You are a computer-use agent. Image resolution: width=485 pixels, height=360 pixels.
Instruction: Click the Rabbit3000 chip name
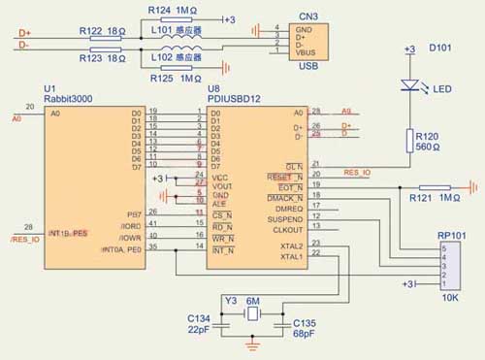click(x=71, y=98)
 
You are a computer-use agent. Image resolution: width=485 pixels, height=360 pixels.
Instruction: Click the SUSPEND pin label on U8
click(x=284, y=219)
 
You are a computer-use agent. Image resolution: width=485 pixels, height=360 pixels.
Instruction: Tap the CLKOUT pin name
click(x=286, y=231)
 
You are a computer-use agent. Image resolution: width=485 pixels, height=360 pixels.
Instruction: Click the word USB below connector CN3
click(x=307, y=68)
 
